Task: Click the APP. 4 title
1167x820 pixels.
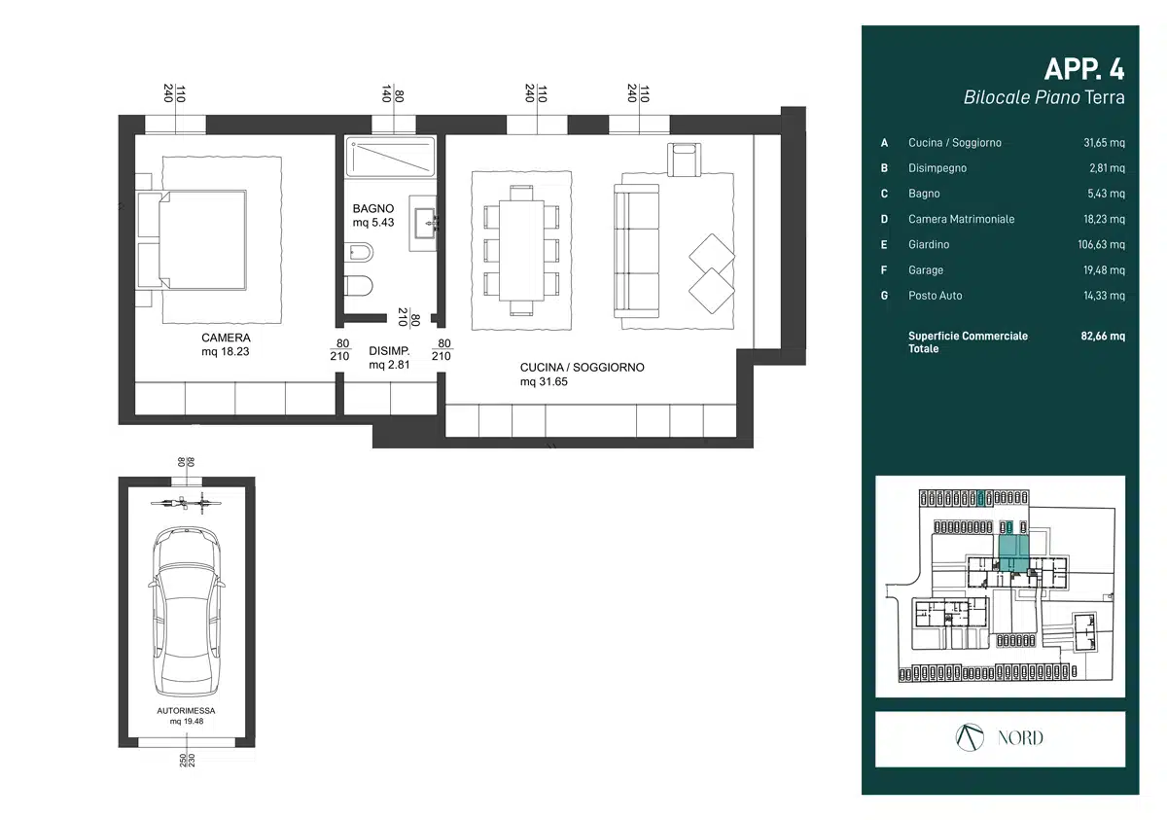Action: point(1084,69)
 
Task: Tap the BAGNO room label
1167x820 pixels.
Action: point(373,208)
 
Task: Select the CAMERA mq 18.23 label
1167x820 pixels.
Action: point(226,344)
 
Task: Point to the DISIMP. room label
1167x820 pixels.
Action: point(389,350)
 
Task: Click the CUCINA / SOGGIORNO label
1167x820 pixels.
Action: point(582,368)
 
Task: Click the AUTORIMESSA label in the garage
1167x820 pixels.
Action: point(186,711)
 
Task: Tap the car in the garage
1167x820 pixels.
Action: point(187,611)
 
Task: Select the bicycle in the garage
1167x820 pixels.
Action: point(186,503)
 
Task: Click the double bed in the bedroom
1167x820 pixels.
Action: point(192,239)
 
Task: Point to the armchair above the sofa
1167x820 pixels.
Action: point(684,160)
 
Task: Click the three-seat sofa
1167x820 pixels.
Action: point(636,251)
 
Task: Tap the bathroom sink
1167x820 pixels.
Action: point(424,224)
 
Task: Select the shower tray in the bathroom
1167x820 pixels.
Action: point(390,157)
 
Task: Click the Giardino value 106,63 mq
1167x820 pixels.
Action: point(1101,244)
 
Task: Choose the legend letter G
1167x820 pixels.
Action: point(884,296)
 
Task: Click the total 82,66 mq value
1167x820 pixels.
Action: point(1103,336)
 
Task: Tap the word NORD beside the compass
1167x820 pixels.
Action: point(1020,738)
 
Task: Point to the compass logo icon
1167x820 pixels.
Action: point(970,737)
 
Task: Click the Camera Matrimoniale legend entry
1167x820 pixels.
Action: point(961,219)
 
